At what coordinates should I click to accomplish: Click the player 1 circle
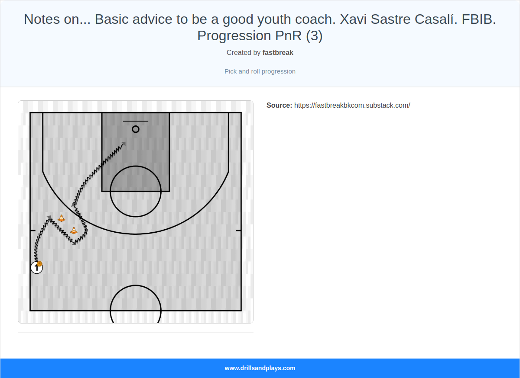click(36, 268)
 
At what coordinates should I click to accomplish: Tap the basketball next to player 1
click(39, 263)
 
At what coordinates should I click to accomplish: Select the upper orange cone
click(62, 218)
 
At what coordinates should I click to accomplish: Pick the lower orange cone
click(74, 231)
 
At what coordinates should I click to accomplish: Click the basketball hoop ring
click(136, 129)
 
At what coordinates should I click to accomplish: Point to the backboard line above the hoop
click(136, 121)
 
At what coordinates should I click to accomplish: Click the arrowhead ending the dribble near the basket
click(124, 143)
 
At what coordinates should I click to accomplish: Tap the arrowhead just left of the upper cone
click(50, 217)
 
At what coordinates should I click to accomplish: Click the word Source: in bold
click(279, 105)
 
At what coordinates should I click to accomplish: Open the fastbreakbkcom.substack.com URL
click(352, 105)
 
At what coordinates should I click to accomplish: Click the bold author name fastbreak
click(278, 52)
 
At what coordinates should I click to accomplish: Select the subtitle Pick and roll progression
click(260, 71)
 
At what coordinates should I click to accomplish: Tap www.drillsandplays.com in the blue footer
click(260, 368)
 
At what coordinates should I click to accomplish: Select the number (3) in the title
click(314, 36)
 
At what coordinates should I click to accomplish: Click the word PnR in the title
click(289, 36)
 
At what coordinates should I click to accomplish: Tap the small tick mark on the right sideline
click(238, 231)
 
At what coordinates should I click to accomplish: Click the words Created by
click(244, 52)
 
